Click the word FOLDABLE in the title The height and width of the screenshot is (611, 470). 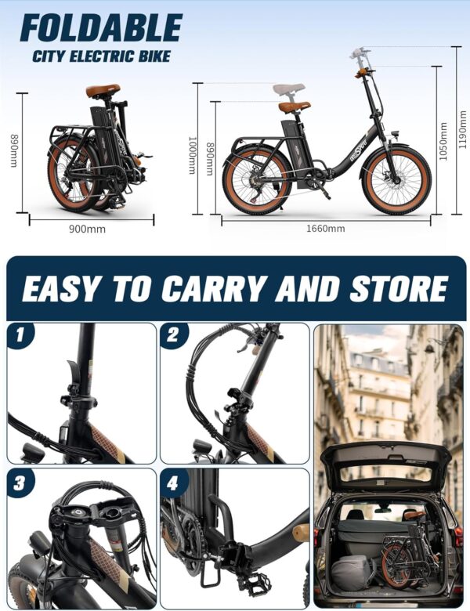(101, 27)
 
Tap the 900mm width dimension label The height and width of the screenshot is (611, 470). (87, 229)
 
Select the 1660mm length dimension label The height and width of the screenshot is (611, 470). (325, 229)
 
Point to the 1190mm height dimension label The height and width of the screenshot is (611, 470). (462, 129)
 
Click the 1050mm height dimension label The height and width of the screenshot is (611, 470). (443, 142)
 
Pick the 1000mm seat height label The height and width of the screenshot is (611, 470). (193, 155)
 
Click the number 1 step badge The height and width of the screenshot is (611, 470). (20, 334)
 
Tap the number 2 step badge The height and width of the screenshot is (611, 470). (173, 334)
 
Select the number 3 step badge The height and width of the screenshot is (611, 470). (20, 483)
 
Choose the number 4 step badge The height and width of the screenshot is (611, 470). (172, 483)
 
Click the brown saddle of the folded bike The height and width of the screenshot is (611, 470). (103, 91)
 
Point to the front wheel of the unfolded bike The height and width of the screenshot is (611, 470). (396, 179)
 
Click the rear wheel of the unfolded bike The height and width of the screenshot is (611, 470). (257, 182)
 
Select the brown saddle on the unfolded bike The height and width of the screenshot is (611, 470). (295, 107)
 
